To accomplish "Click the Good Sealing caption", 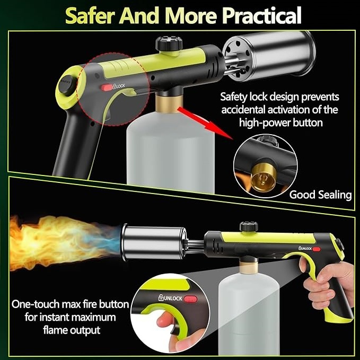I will pos(320,195).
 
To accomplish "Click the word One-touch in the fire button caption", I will pos(37,305).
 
